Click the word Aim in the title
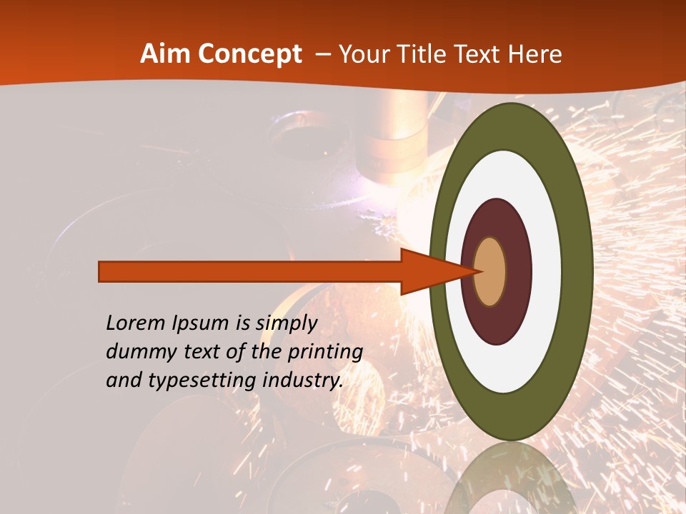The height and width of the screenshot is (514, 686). [166, 54]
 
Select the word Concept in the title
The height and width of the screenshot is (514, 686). [249, 54]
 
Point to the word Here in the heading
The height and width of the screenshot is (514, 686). [535, 54]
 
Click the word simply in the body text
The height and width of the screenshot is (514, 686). [286, 324]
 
